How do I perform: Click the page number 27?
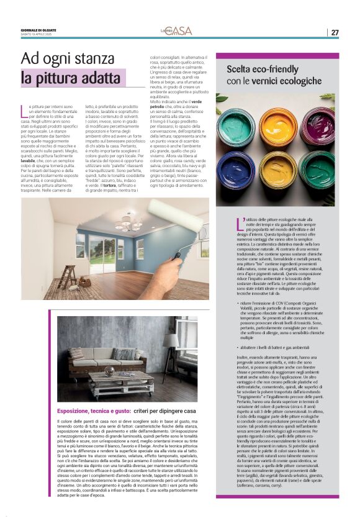335,32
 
